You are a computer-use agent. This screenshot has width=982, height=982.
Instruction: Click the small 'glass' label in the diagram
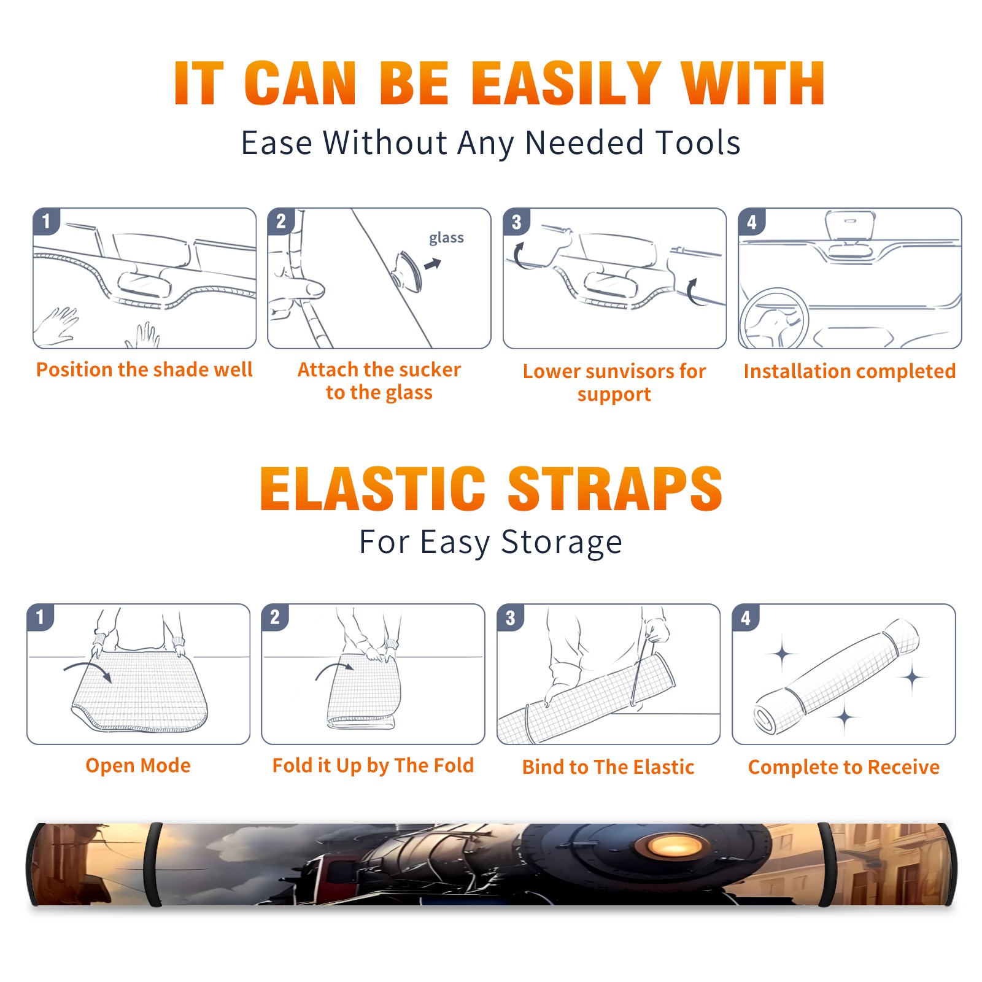click(446, 238)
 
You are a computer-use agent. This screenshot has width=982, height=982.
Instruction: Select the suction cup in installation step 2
click(407, 271)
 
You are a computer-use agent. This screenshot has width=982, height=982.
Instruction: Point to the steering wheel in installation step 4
click(775, 319)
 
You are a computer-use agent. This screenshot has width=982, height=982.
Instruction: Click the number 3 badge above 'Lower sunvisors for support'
click(517, 222)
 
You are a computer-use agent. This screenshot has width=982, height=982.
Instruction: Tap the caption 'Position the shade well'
click(144, 369)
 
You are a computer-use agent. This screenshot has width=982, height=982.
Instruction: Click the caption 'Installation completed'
click(849, 371)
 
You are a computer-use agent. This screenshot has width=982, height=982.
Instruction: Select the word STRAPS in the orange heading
click(615, 489)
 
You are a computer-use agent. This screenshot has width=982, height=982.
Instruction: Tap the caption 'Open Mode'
click(138, 765)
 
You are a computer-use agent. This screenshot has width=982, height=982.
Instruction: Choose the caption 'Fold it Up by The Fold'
click(373, 765)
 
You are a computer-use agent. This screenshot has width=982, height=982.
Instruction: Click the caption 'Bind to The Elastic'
click(608, 767)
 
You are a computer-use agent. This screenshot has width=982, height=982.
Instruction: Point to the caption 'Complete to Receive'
click(844, 767)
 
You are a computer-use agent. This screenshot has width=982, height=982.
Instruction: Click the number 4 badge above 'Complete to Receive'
click(746, 617)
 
